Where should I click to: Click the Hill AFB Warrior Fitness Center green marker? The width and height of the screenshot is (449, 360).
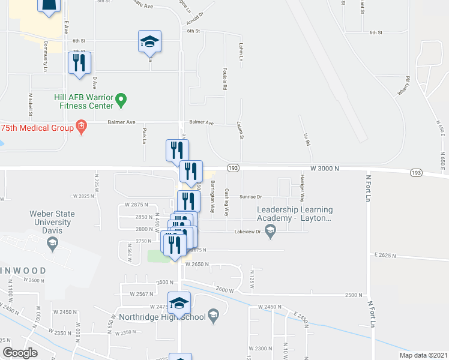121,99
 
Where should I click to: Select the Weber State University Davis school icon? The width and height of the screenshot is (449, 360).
52,242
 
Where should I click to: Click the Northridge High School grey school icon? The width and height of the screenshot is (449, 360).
212,316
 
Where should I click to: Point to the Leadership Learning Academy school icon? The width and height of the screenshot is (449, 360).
271,229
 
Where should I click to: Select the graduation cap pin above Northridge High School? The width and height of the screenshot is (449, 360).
179,304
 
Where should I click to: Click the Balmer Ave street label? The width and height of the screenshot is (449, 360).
202,122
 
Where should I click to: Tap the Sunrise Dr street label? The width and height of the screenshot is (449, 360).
252,196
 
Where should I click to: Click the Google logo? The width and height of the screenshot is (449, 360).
20,353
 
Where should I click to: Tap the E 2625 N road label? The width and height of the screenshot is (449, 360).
385,254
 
